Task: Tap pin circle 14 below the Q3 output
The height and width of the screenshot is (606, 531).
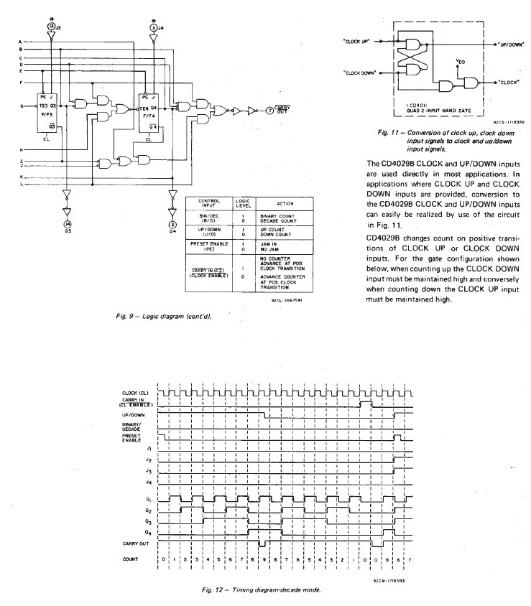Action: [66, 224]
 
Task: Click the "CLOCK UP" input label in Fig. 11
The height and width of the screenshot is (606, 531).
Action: [356, 41]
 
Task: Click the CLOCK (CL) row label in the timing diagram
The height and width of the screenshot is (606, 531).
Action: [136, 393]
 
